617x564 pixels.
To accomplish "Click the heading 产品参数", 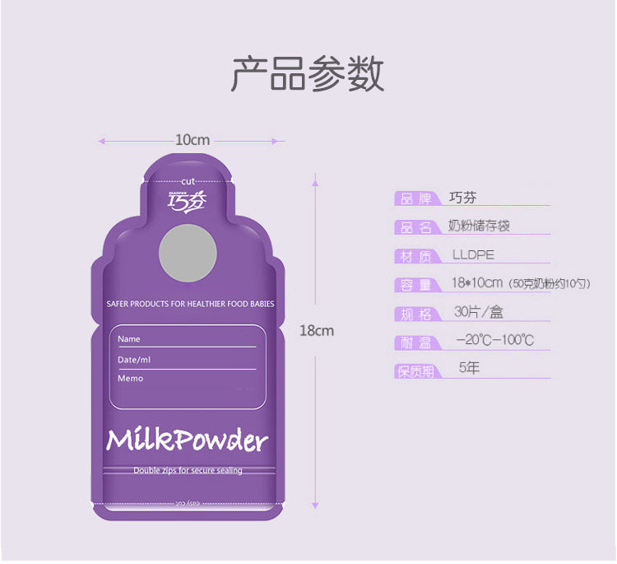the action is click(x=308, y=75).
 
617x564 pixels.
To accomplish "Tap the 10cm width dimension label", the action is click(x=192, y=140).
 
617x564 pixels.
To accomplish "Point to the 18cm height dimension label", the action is click(x=316, y=330).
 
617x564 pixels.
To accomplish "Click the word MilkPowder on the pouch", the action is click(x=188, y=440).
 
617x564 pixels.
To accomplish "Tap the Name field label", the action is click(x=129, y=339).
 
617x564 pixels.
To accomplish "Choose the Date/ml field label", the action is click(x=134, y=360).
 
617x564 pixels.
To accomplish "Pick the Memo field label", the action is click(x=130, y=379).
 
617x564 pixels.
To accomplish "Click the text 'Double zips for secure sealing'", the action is click(x=188, y=471).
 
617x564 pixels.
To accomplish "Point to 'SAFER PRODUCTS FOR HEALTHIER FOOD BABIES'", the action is click(x=190, y=304).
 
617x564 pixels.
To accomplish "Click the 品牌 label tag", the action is click(x=416, y=198).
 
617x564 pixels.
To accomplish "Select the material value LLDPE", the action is click(x=473, y=255).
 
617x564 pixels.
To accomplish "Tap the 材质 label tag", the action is click(x=416, y=256).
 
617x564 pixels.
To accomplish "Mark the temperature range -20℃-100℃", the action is click(x=494, y=340).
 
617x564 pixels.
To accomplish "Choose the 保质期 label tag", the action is click(x=416, y=371).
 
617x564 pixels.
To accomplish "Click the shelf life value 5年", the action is click(x=469, y=368).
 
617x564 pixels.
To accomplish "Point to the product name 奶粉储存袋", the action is click(x=479, y=226).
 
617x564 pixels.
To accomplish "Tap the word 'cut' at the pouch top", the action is click(x=188, y=180).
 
